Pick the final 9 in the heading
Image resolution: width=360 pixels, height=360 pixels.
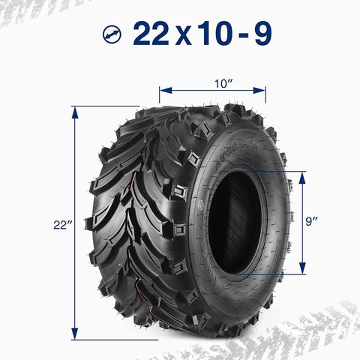tap(262, 34)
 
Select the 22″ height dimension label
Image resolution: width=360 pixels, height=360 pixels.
tap(62, 223)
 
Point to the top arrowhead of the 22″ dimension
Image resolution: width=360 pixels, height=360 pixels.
tap(75, 110)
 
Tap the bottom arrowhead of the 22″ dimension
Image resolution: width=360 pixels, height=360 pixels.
tap(75, 335)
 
